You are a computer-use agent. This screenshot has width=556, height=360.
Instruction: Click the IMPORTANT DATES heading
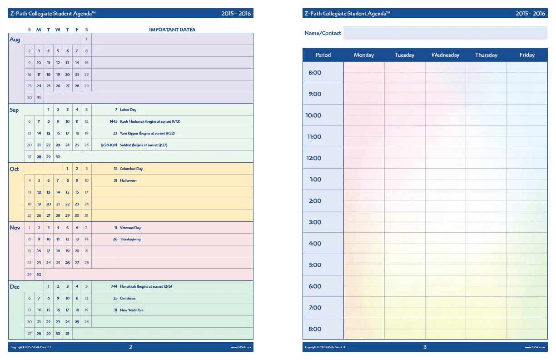(x=172, y=30)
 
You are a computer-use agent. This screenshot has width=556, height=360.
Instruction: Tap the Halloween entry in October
(x=128, y=180)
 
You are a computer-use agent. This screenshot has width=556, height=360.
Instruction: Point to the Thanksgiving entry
(x=130, y=239)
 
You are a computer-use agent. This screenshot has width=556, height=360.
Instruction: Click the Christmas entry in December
(x=127, y=298)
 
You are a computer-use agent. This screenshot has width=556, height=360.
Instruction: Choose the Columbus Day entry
(x=131, y=169)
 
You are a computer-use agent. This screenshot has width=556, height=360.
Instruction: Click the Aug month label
(x=15, y=40)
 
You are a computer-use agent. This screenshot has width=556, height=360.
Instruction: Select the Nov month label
(x=15, y=228)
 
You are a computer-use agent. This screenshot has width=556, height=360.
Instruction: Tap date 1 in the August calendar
(x=86, y=39)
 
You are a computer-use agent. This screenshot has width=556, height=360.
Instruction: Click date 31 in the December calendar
(x=67, y=334)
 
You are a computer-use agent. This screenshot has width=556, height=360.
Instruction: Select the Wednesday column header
(x=445, y=55)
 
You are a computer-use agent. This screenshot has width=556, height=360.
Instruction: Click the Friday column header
(x=527, y=55)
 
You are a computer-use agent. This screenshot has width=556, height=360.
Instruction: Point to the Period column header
(x=323, y=55)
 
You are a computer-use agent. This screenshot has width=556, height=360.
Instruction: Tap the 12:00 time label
(x=314, y=158)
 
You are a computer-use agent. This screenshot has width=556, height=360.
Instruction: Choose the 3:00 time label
(x=315, y=222)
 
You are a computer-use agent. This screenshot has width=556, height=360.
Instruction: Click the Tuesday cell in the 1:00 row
(x=404, y=179)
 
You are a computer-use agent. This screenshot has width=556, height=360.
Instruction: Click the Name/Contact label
(x=323, y=33)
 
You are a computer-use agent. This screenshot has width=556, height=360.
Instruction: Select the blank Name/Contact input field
(x=445, y=33)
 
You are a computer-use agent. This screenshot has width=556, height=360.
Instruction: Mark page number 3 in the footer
(x=425, y=347)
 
